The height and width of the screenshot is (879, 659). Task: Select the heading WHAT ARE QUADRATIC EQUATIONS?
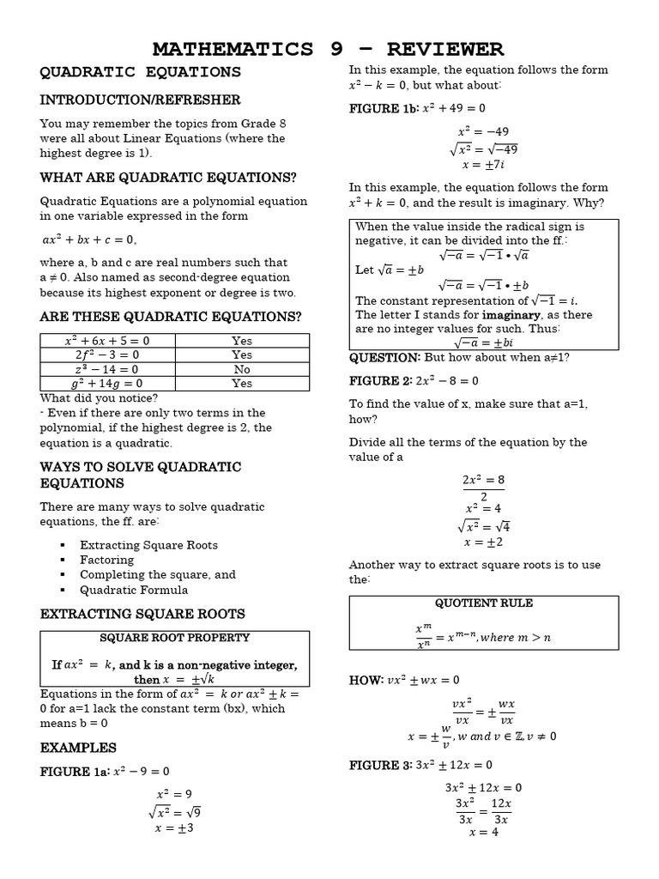click(x=168, y=178)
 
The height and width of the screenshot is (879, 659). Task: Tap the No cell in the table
click(x=242, y=369)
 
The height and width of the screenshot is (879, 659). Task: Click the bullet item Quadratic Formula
click(x=134, y=590)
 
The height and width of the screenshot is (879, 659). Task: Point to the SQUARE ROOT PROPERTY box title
click(x=174, y=638)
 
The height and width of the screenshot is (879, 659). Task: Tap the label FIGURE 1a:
click(x=75, y=772)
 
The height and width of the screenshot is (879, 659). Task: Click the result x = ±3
click(x=174, y=828)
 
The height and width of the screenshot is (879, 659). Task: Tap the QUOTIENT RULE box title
click(x=484, y=603)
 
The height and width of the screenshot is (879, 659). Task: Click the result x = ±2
click(x=483, y=542)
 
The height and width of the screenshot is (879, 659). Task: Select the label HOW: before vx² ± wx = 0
click(x=366, y=680)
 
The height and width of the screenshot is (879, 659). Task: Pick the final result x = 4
click(x=483, y=832)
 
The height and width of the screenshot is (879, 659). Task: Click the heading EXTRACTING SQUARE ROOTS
click(x=142, y=614)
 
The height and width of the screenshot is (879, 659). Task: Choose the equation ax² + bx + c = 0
click(x=89, y=239)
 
